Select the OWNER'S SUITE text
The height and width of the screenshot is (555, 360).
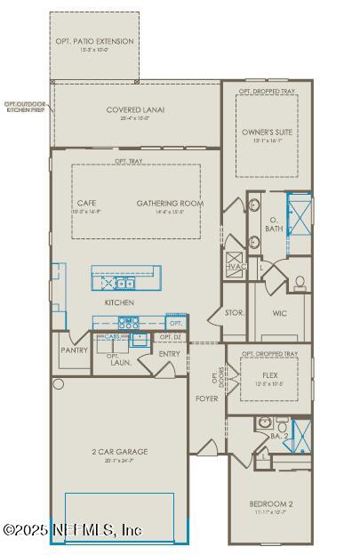[x=267, y=132]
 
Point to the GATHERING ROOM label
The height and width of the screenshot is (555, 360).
[x=170, y=203]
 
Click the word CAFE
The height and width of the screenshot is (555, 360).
[x=86, y=203]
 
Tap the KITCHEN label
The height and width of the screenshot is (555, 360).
[x=118, y=303]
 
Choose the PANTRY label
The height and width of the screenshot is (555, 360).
[x=75, y=350]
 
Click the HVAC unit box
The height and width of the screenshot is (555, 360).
[x=236, y=267]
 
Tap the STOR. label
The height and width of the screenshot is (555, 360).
[x=235, y=313]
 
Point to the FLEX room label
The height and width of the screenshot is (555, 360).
[x=269, y=375]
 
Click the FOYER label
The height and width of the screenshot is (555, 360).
[x=206, y=398]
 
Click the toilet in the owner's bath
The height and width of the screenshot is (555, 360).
[x=300, y=283]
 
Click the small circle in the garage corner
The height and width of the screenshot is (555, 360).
[x=59, y=384]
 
